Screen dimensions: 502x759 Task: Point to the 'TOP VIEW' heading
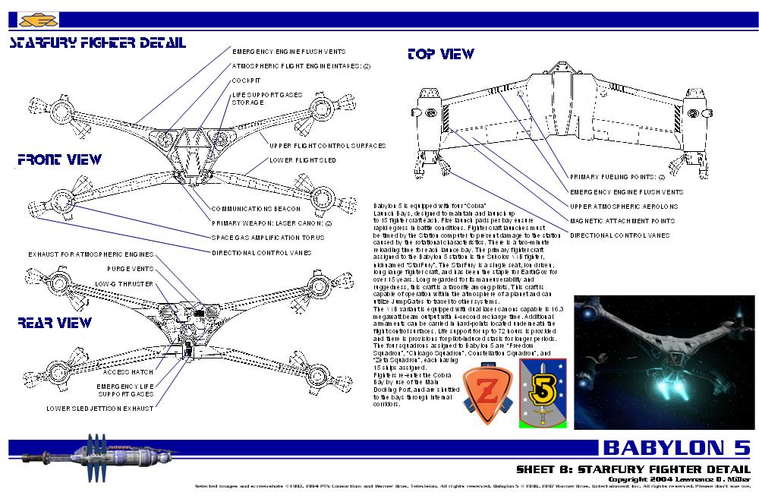click(440, 55)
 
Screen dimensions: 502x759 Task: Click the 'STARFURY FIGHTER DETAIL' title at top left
click(96, 43)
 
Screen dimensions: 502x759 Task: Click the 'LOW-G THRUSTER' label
click(124, 283)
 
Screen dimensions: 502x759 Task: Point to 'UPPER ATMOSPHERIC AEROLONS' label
click(623, 207)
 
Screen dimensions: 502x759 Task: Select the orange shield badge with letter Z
click(487, 386)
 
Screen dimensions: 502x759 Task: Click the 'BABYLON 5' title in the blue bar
click(676, 447)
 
